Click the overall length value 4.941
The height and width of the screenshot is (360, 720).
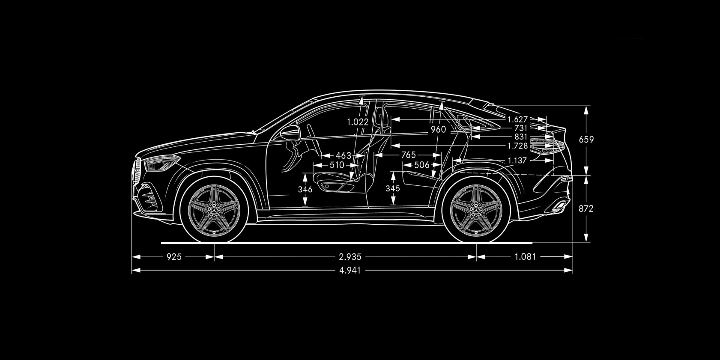tap(350, 271)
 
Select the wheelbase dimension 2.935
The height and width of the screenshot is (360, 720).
tap(350, 257)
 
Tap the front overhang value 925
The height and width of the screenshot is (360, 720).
tap(174, 257)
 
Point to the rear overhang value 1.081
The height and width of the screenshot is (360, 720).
tap(525, 257)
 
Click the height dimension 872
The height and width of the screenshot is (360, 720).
tap(586, 209)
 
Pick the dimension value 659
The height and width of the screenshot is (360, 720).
tap(586, 140)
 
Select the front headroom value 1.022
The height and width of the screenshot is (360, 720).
tap(358, 122)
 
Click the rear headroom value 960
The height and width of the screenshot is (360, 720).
tap(439, 129)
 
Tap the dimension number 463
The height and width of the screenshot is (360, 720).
tap(343, 156)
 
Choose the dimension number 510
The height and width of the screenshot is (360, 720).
tap(337, 165)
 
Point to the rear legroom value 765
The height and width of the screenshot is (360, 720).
tap(408, 155)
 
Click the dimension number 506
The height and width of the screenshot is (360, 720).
tap(422, 165)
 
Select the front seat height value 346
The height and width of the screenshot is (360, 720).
tap(305, 190)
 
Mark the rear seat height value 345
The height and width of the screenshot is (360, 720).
tap(392, 188)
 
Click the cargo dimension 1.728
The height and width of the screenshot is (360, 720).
tap(517, 146)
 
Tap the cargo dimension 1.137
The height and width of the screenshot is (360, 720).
tap(517, 160)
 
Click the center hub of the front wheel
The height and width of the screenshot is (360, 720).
tap(214, 211)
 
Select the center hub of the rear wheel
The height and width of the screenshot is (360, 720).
tap(476, 211)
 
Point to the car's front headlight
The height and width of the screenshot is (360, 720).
tap(161, 163)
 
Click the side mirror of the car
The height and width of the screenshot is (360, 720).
tap(290, 133)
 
